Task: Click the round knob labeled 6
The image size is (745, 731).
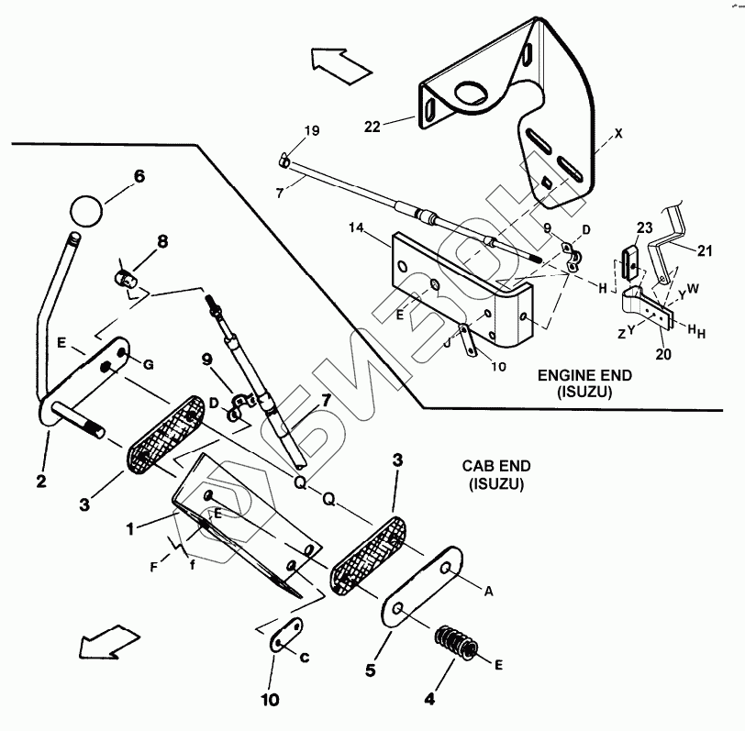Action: (85, 210)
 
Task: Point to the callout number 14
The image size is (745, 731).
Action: (358, 227)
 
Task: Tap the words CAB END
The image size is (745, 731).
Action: (493, 467)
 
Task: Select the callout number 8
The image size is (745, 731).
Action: (162, 242)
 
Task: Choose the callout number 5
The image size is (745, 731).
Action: (371, 670)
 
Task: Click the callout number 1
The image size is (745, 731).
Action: (130, 528)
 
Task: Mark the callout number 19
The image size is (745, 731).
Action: (312, 131)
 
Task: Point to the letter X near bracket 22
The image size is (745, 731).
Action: (618, 133)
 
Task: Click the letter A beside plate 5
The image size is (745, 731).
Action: (488, 592)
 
